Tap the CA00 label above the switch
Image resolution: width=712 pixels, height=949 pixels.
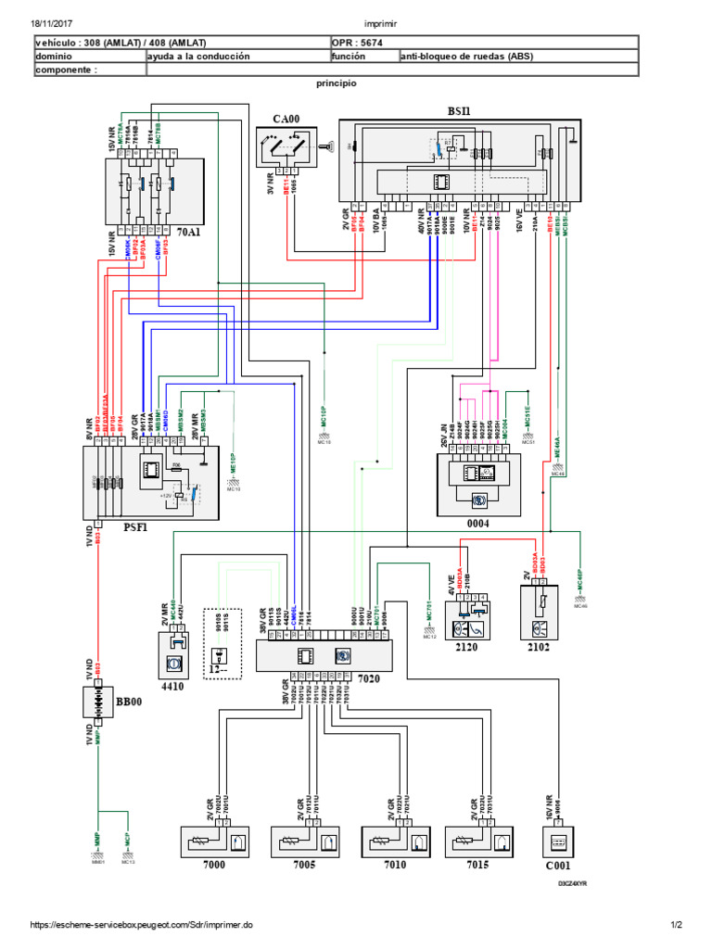tap(287, 119)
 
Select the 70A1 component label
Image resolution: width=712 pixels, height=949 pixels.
tap(188, 232)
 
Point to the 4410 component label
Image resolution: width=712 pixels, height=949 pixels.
tap(172, 688)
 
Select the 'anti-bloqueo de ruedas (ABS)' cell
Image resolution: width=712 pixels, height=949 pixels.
tap(466, 56)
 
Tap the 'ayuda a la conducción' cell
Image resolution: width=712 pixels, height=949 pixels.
tap(198, 56)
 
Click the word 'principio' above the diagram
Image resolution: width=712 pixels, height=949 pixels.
tap(337, 82)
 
